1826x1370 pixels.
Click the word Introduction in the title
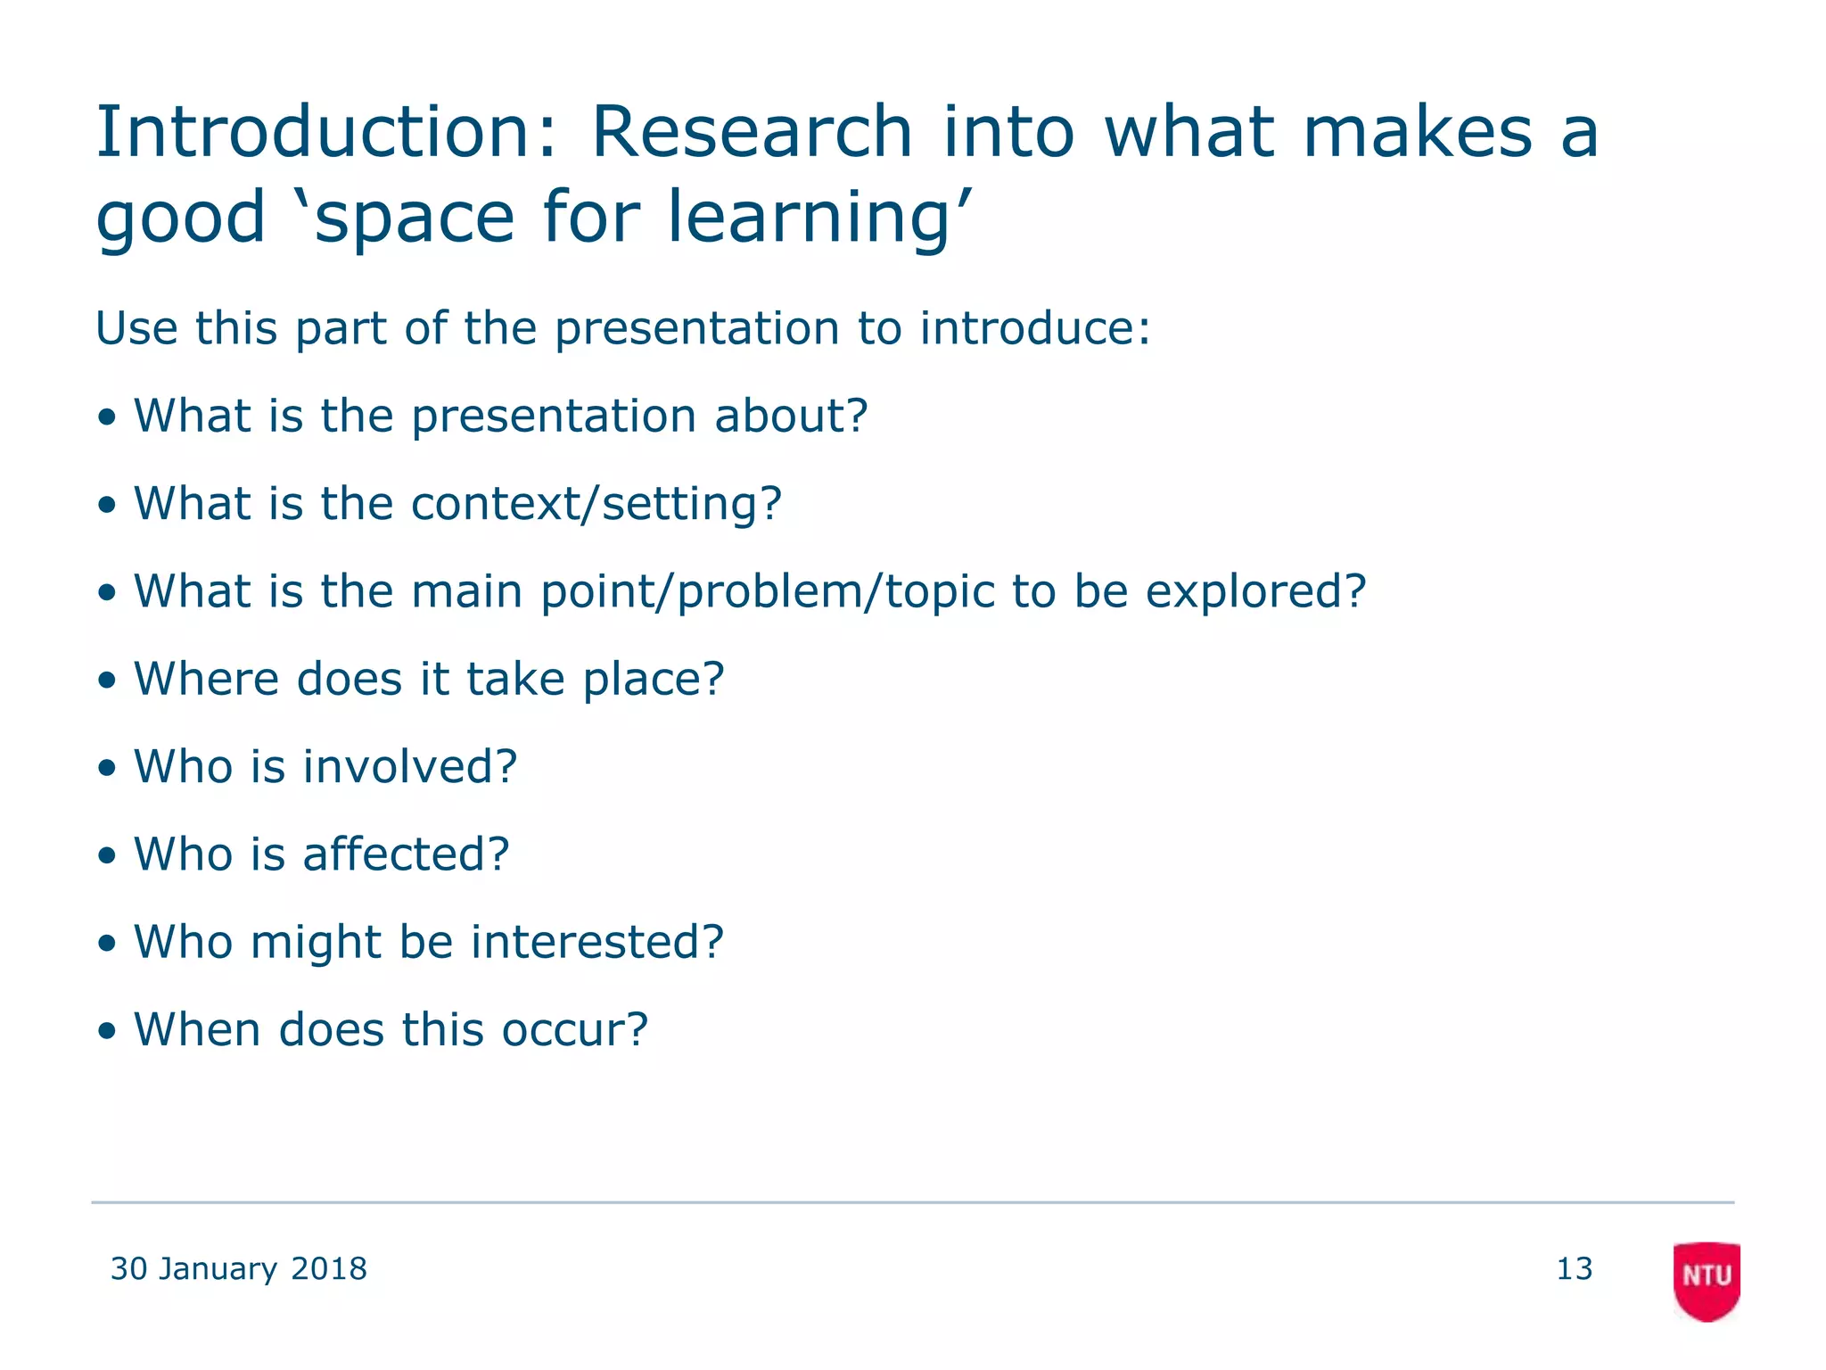click(325, 132)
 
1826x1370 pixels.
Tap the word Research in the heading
click(752, 132)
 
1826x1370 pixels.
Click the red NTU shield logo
click(1706, 1279)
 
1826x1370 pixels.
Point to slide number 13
click(1574, 1268)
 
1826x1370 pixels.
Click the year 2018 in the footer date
click(329, 1268)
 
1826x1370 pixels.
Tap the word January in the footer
click(218, 1268)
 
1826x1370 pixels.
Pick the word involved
click(409, 766)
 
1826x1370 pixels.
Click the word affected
click(406, 854)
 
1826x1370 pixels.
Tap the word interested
click(596, 941)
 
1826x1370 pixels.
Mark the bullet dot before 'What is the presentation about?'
click(107, 417)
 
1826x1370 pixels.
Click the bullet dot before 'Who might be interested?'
click(107, 944)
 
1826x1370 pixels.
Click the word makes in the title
click(1417, 132)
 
